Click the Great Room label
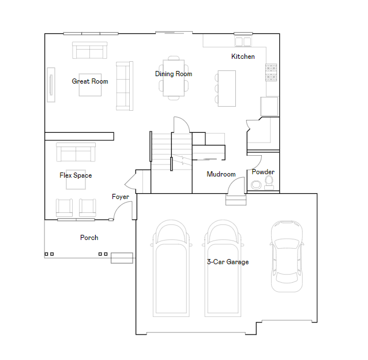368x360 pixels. [90, 81]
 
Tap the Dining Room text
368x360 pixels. [174, 74]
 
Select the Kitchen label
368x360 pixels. [243, 57]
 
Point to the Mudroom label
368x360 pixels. [221, 174]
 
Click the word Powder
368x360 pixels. [263, 172]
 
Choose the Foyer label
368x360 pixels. [121, 197]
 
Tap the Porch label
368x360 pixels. [89, 238]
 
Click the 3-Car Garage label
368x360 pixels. [228, 262]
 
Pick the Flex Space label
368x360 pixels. [76, 175]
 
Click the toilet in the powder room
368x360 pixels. [269, 182]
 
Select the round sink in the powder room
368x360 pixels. [256, 185]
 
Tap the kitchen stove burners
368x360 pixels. [271, 72]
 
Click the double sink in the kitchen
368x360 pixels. [243, 42]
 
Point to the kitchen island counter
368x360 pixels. [227, 88]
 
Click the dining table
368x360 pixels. [174, 78]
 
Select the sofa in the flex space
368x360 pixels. [76, 152]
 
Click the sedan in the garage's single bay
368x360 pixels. [287, 256]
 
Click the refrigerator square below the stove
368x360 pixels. [269, 106]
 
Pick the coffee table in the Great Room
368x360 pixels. [90, 85]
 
